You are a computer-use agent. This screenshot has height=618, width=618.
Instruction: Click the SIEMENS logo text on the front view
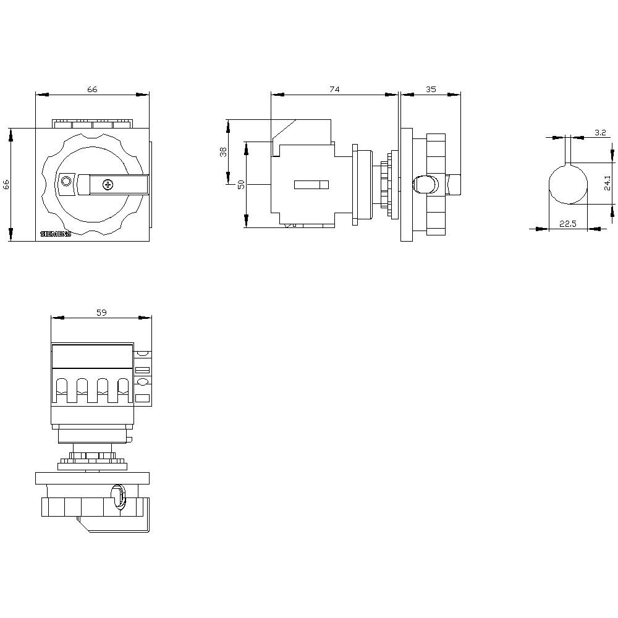click(x=56, y=234)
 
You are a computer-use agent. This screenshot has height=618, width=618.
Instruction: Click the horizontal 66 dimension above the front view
click(x=92, y=90)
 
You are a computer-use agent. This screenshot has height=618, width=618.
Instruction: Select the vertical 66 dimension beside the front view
click(x=6, y=184)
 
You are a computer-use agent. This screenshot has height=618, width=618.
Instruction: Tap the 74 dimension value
click(x=334, y=90)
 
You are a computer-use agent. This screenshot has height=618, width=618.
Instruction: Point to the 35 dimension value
click(x=431, y=90)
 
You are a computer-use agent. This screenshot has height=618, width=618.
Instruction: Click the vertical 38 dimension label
click(x=224, y=151)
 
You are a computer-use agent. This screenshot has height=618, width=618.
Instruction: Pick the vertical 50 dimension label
click(x=241, y=184)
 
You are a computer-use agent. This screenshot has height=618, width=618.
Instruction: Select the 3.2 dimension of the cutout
click(x=599, y=133)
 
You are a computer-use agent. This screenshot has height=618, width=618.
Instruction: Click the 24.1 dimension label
click(x=608, y=184)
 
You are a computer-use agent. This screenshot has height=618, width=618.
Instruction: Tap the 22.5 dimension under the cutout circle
click(x=568, y=224)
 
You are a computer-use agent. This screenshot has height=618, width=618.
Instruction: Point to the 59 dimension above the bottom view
click(x=101, y=313)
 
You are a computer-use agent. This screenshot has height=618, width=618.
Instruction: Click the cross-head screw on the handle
click(x=108, y=184)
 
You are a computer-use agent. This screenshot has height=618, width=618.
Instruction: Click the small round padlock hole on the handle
click(x=66, y=181)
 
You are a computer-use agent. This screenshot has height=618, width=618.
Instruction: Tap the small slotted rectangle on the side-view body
click(x=311, y=184)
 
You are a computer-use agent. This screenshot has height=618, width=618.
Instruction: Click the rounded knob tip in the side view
click(x=423, y=184)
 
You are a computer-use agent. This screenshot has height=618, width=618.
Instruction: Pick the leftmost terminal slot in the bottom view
click(x=62, y=389)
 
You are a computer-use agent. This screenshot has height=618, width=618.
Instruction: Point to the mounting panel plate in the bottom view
click(x=93, y=478)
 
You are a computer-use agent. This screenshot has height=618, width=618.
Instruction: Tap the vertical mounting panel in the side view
click(x=406, y=184)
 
